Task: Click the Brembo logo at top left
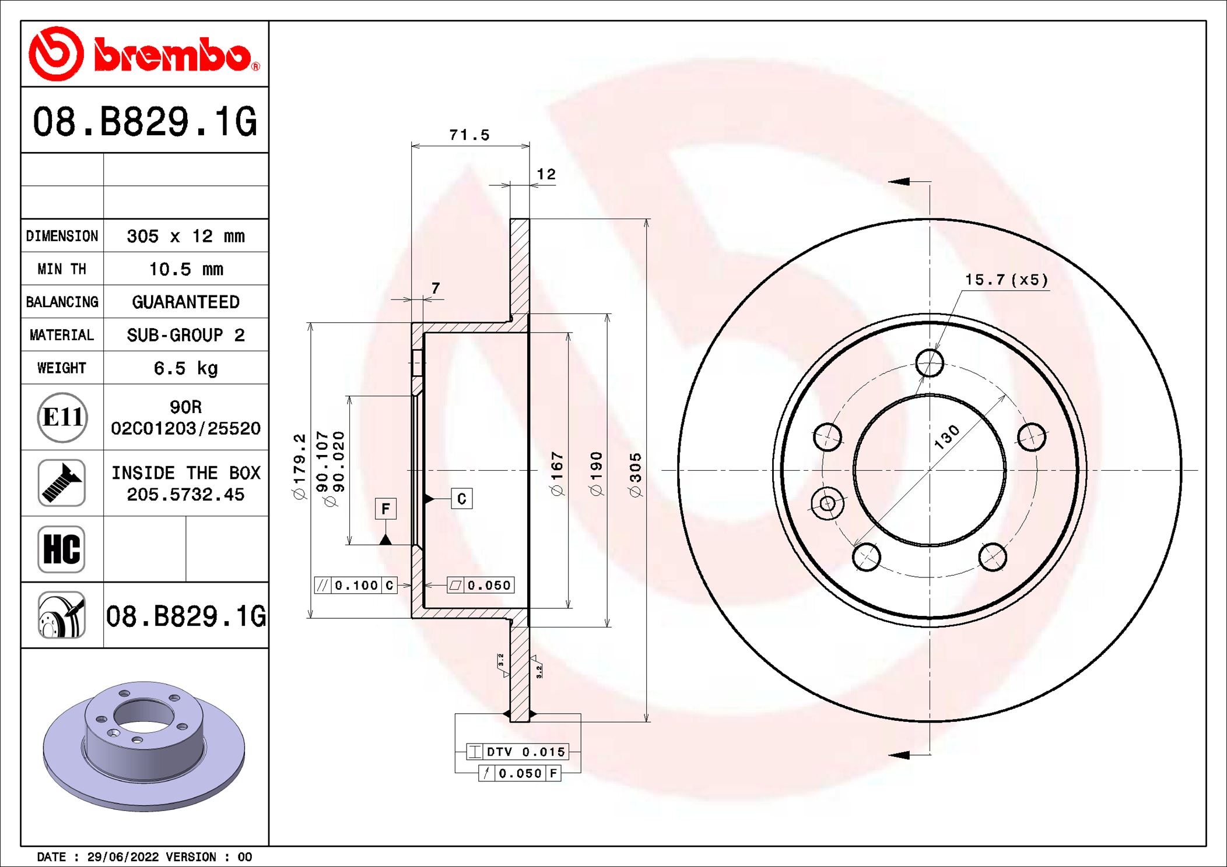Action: coord(144,54)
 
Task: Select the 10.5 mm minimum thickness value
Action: coord(185,269)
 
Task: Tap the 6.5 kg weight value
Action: coord(185,368)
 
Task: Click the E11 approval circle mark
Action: coord(62,417)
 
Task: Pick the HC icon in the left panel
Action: coord(62,549)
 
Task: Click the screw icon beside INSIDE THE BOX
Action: coord(62,483)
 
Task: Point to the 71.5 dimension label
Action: coord(469,135)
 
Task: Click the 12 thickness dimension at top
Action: coord(546,174)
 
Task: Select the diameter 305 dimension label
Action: coord(635,474)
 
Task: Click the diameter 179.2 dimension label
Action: coord(299,466)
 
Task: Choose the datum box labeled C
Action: coord(461,499)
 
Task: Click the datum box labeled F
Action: coord(385,509)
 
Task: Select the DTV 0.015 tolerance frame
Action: coord(517,752)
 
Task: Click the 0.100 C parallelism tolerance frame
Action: coord(356,585)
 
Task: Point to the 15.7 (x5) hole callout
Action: coord(1006,280)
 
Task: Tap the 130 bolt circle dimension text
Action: coord(946,437)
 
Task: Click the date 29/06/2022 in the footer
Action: coord(122,857)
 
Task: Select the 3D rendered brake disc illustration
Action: coord(144,746)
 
